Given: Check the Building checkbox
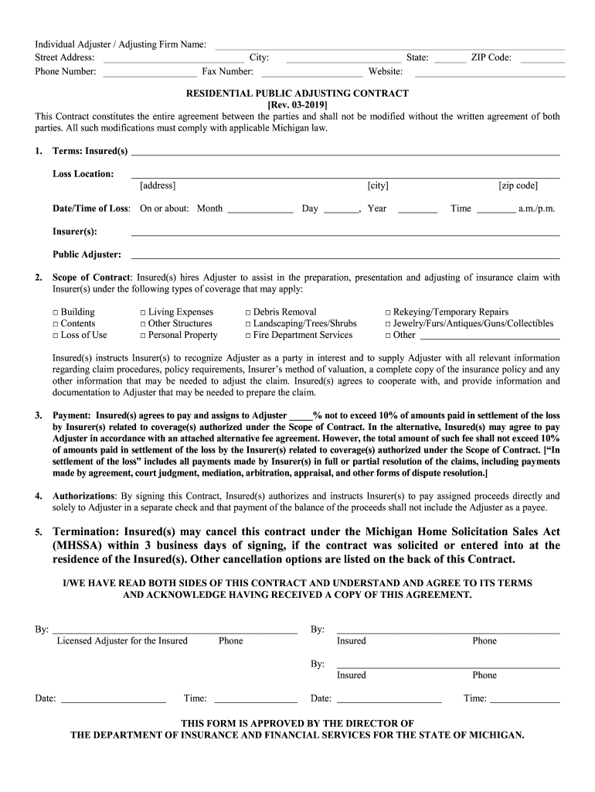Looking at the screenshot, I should [56, 312].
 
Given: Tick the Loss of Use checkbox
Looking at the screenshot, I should [56, 336].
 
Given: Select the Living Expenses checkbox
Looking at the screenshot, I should [143, 312].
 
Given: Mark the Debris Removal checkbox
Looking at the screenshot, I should [248, 312].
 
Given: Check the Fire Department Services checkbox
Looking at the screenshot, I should [248, 336].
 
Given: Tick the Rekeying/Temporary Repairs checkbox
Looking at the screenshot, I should [388, 312].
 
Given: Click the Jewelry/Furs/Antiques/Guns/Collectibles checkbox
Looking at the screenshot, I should [388, 324].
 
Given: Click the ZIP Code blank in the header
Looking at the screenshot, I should [542, 59].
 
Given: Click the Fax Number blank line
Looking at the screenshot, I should [311, 73].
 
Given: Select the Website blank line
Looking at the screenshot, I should [490, 73].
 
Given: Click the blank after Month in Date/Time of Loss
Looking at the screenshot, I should [260, 210].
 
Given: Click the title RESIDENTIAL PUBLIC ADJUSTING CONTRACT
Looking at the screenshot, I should [297, 94].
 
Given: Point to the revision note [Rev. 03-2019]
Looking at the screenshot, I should [297, 105].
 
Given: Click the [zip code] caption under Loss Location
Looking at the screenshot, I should [518, 186].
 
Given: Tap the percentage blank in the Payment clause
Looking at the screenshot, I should [300, 416].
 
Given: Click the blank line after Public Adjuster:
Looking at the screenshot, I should [345, 255].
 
